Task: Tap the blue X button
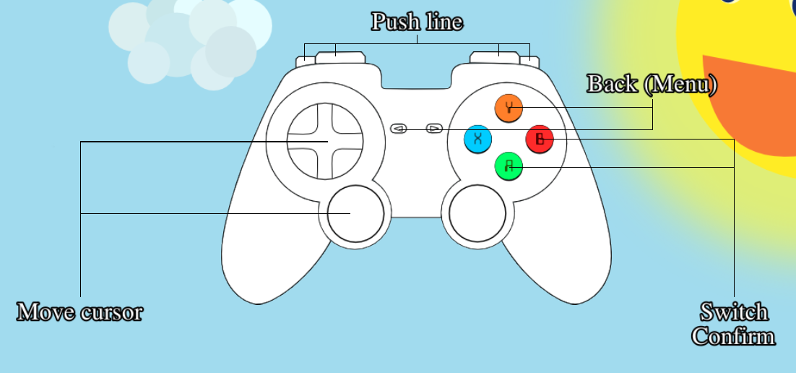click(477, 139)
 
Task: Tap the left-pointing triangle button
click(399, 129)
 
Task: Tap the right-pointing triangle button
click(434, 129)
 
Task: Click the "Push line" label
click(417, 22)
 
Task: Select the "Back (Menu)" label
click(652, 84)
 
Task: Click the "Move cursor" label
click(79, 312)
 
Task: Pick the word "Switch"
click(734, 312)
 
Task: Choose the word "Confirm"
click(733, 336)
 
